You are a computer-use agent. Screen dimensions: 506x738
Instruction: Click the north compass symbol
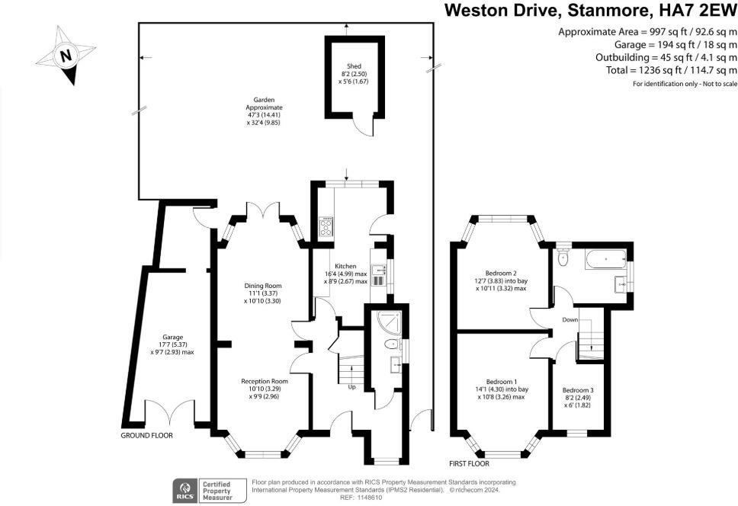pyautogui.click(x=66, y=55)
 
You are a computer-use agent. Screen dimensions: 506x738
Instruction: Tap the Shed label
pyautogui.click(x=353, y=66)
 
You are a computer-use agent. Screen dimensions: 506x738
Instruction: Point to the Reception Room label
pyautogui.click(x=264, y=381)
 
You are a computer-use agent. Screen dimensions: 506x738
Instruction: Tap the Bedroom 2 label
pyautogui.click(x=501, y=273)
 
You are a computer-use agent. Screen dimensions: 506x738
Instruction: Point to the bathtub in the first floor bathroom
pyautogui.click(x=605, y=260)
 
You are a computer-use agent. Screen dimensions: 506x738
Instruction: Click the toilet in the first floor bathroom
pyautogui.click(x=563, y=258)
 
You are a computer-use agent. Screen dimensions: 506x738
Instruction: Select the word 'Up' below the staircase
pyautogui.click(x=351, y=386)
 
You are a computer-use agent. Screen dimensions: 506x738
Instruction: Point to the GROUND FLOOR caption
pyautogui.click(x=147, y=436)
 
